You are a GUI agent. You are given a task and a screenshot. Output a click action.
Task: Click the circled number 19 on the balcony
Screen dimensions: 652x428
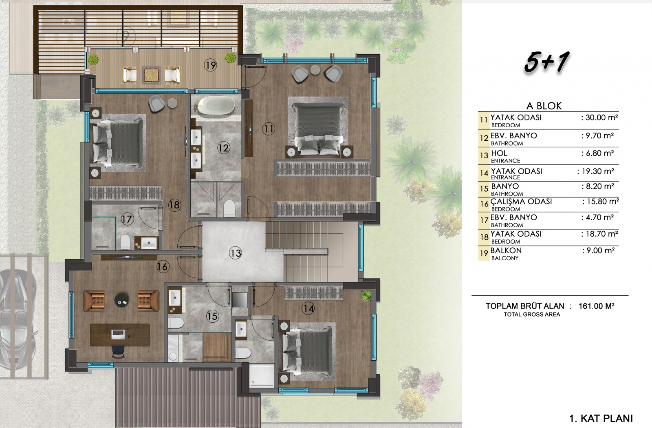point(210,65)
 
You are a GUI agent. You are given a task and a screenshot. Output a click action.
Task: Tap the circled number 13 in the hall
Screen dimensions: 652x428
point(235,253)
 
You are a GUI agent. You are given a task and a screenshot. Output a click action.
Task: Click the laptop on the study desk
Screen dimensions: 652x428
point(119,334)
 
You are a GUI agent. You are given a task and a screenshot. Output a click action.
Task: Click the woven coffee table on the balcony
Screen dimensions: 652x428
point(151,75)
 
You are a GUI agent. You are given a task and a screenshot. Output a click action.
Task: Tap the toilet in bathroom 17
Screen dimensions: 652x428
point(125,242)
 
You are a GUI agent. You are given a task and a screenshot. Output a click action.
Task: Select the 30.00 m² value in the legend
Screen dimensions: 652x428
point(599,118)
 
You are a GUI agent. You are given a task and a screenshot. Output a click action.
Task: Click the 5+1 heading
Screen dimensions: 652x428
point(546,62)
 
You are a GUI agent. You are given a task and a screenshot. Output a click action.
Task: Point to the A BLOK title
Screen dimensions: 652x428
point(544,106)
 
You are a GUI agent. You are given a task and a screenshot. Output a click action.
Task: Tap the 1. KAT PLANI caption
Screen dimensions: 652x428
point(601,418)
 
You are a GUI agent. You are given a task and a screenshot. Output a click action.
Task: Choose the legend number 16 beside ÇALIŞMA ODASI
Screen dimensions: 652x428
point(484,204)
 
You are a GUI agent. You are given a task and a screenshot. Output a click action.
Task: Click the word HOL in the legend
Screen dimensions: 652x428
point(499,153)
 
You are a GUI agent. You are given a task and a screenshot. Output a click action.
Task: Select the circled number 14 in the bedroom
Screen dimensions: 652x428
point(308,308)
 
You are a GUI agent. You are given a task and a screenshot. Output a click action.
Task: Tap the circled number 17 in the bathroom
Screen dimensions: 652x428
point(127,219)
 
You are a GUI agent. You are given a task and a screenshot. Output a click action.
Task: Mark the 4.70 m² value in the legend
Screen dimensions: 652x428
point(597,217)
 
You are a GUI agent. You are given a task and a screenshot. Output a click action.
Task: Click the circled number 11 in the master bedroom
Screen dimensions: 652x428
point(269,129)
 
